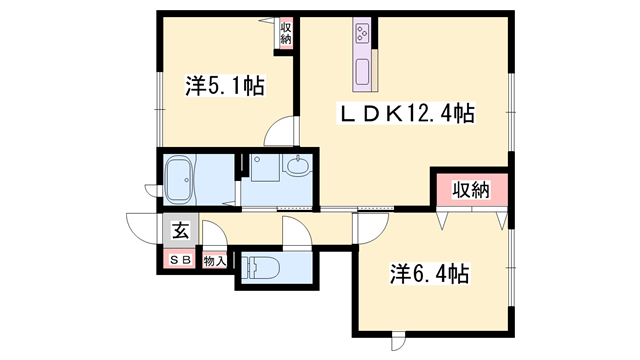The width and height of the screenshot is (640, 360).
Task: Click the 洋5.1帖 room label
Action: pyautogui.click(x=225, y=86)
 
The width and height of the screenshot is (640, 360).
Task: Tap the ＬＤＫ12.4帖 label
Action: pyautogui.click(x=406, y=113)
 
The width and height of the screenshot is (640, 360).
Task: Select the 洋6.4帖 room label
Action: pyautogui.click(x=429, y=273)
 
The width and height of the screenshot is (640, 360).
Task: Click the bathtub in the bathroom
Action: pyautogui.click(x=179, y=180)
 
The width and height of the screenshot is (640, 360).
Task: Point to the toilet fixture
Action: pyautogui.click(x=261, y=267)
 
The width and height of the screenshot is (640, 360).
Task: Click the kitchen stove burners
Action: pyautogui.click(x=362, y=33)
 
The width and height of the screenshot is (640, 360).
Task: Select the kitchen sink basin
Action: pyautogui.click(x=362, y=72)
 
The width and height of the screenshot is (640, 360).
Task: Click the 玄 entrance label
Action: pyautogui.click(x=180, y=231)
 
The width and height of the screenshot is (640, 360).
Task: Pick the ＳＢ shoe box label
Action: pyautogui.click(x=180, y=260)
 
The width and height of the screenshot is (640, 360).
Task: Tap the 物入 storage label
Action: pyautogui.click(x=215, y=261)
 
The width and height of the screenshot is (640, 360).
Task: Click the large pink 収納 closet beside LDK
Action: pyautogui.click(x=472, y=190)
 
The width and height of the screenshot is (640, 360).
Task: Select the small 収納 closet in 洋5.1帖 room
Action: pyautogui.click(x=286, y=33)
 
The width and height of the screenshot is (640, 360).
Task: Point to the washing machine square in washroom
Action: pyautogui.click(x=265, y=167)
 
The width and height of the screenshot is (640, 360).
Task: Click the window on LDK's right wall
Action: pyautogui.click(x=511, y=113)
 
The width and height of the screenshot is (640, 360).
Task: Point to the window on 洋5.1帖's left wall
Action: pyautogui.click(x=160, y=109)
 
